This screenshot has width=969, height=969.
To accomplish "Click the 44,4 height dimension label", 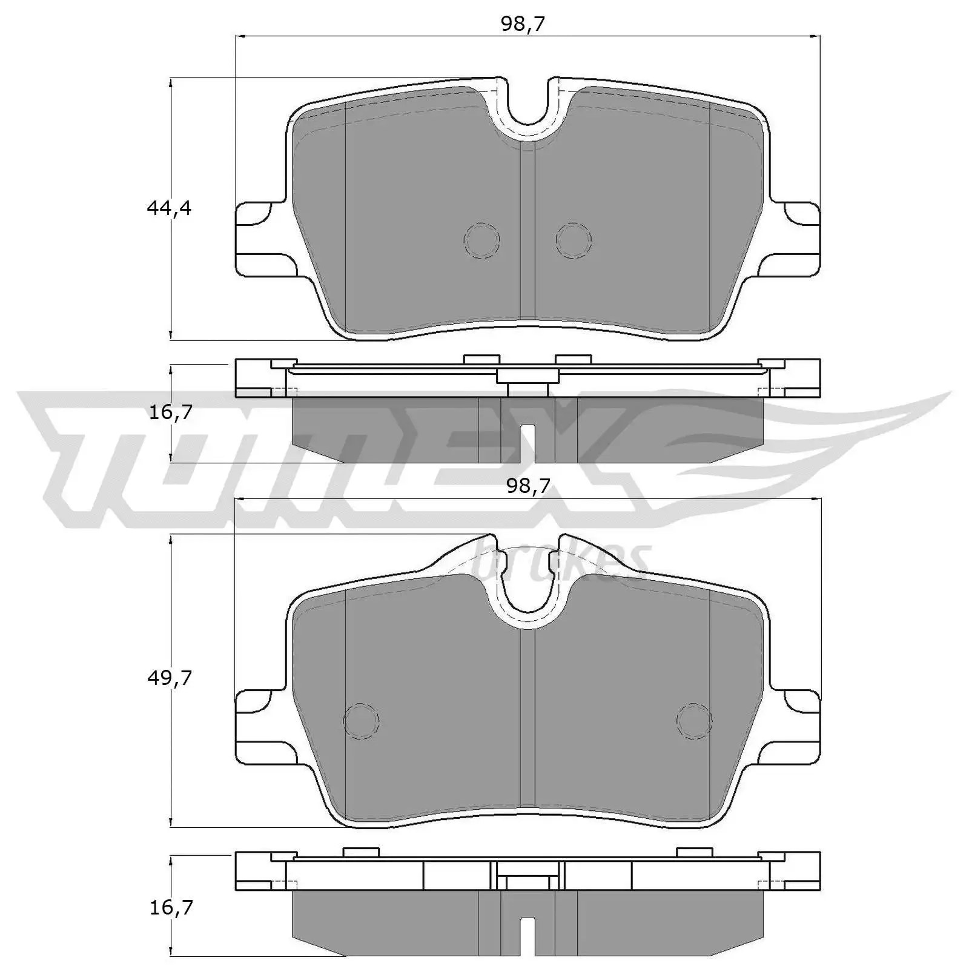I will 168,208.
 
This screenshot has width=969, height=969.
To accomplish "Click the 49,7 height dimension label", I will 169,678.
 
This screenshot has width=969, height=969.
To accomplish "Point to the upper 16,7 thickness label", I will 170,412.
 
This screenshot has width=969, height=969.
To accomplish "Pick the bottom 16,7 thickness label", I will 170,907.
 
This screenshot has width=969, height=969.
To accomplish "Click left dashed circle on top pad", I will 482,240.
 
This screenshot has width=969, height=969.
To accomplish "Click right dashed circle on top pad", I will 574,240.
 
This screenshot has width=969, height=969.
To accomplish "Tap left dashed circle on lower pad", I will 361,721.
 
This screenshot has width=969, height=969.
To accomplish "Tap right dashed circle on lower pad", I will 695,721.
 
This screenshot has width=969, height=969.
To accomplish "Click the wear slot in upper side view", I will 527,442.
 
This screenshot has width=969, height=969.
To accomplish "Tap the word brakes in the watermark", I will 560,560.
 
